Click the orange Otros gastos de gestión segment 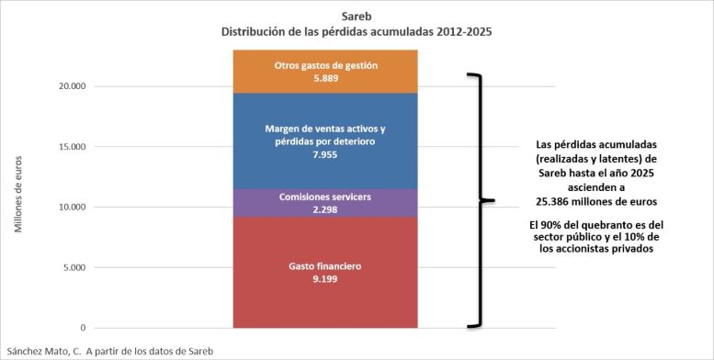[325, 72]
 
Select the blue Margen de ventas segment [325, 141]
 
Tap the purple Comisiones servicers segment [325, 203]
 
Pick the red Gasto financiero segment [325, 272]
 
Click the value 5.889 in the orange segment [325, 78]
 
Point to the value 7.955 [325, 154]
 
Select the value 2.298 [325, 209]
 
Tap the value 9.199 [325, 279]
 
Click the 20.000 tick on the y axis [72, 86]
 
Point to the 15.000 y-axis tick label [72, 147]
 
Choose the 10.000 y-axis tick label [72, 207]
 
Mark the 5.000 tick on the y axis [74, 267]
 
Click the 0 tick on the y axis [83, 328]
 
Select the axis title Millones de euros [18, 195]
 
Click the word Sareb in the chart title [357, 17]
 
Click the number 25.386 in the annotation [550, 202]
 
